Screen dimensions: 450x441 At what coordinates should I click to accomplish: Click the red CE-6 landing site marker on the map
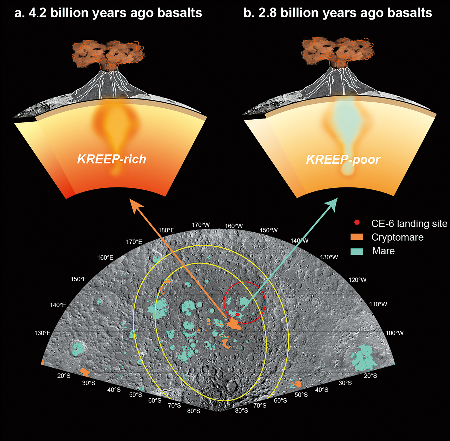click(237, 314)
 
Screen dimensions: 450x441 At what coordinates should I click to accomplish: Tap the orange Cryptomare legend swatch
click(357, 237)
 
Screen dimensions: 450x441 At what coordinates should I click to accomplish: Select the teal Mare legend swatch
click(357, 251)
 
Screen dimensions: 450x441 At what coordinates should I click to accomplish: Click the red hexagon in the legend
click(357, 222)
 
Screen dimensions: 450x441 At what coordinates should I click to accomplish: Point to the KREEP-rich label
click(112, 159)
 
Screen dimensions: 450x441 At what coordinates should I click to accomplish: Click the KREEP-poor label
click(343, 159)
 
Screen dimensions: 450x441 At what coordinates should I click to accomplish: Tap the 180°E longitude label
click(166, 230)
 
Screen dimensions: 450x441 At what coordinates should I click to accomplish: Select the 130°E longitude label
click(42, 333)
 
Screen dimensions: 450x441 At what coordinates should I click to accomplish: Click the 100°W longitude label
click(394, 333)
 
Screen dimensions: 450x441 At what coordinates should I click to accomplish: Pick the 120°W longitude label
click(357, 280)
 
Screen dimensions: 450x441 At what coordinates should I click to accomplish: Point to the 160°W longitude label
click(234, 226)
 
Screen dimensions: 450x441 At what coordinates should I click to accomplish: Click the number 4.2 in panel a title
click(37, 13)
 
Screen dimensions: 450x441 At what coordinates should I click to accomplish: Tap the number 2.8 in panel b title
click(268, 13)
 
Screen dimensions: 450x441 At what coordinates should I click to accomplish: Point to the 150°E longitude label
click(79, 279)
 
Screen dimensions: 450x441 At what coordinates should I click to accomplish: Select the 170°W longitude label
click(201, 225)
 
